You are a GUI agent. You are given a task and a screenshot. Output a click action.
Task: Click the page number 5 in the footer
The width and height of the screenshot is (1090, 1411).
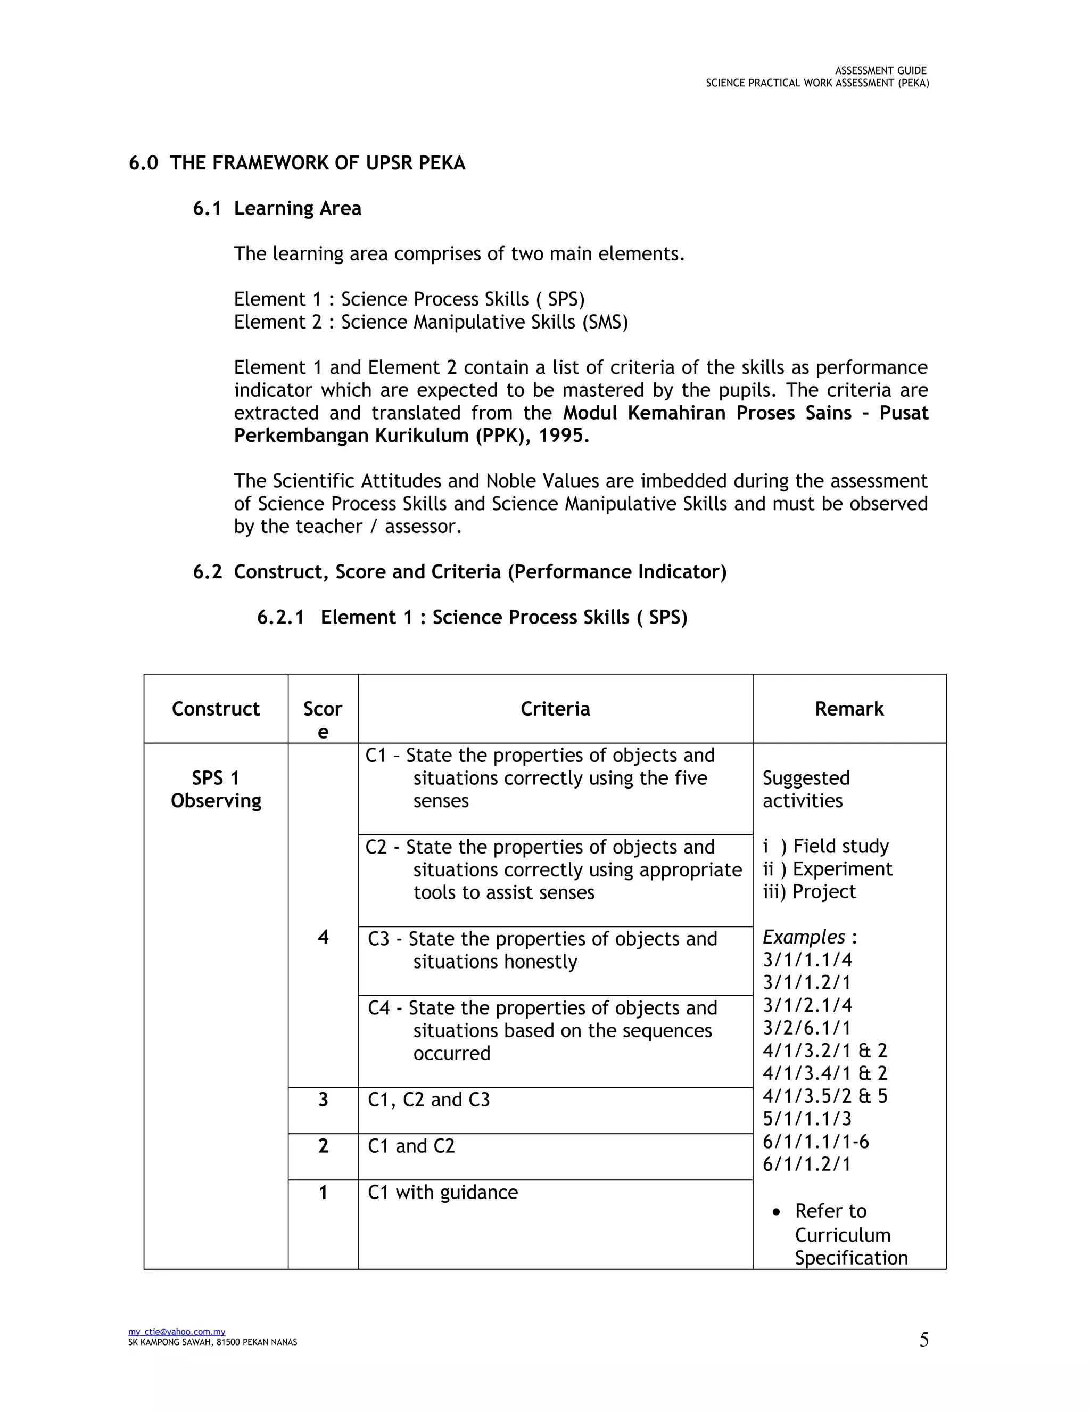pyautogui.click(x=924, y=1340)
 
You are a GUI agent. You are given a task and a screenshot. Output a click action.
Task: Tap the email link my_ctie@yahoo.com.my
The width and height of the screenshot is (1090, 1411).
pyautogui.click(x=177, y=1332)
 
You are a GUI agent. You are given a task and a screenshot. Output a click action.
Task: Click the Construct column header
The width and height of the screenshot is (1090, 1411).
pyautogui.click(x=216, y=709)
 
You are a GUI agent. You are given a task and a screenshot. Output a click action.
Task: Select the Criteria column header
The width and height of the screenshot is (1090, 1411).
pyautogui.click(x=555, y=709)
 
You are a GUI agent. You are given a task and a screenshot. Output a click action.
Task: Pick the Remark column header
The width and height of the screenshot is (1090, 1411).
pyautogui.click(x=848, y=709)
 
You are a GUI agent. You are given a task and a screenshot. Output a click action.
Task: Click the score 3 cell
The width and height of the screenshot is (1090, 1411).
pyautogui.click(x=323, y=1100)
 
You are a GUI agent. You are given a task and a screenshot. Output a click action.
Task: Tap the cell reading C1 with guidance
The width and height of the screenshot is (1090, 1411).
pyautogui.click(x=443, y=1192)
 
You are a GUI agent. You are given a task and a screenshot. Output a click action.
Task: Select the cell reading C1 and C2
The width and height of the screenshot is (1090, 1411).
pyautogui.click(x=411, y=1146)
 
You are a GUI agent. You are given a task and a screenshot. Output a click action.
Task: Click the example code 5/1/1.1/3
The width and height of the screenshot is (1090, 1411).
pyautogui.click(x=807, y=1118)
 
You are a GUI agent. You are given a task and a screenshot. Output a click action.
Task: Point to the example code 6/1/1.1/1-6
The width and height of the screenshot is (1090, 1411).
pyautogui.click(x=815, y=1142)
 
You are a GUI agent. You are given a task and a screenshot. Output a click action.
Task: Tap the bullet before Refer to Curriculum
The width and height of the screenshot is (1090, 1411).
pyautogui.click(x=777, y=1212)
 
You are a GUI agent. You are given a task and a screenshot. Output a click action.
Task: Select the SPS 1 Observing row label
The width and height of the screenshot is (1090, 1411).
pyautogui.click(x=216, y=789)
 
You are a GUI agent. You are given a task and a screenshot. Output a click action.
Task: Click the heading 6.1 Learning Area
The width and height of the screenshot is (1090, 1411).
pyautogui.click(x=277, y=208)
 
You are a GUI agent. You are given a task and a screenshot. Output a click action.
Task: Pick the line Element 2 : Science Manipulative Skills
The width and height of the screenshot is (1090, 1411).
pyautogui.click(x=431, y=322)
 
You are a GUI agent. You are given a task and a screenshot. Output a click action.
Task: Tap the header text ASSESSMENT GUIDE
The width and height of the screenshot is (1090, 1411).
pyautogui.click(x=880, y=70)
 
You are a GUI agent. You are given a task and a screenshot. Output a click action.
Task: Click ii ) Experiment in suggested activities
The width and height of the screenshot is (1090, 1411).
pyautogui.click(x=827, y=869)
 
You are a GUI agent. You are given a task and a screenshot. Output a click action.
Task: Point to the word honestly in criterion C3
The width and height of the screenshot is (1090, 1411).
pyautogui.click(x=540, y=961)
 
